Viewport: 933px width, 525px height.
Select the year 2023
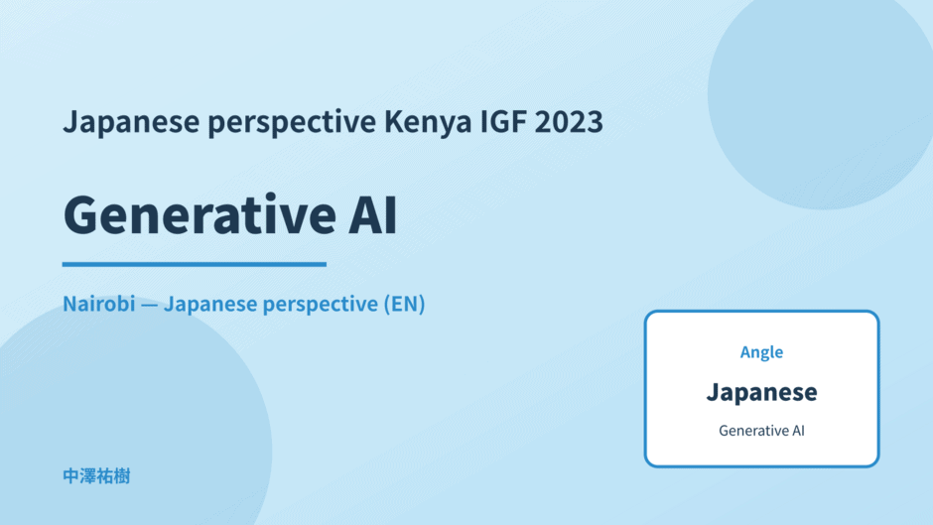pos(569,121)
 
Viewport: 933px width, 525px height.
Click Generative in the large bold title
pos(200,214)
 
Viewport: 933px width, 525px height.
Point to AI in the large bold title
pos(372,214)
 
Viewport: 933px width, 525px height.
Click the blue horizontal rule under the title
pos(195,264)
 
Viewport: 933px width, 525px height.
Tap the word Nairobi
pos(99,304)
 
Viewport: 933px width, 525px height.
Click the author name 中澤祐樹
pos(96,476)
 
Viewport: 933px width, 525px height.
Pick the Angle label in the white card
pos(761,352)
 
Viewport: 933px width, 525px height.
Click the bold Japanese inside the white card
pos(761,392)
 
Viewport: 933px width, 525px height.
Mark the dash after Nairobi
pos(149,305)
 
